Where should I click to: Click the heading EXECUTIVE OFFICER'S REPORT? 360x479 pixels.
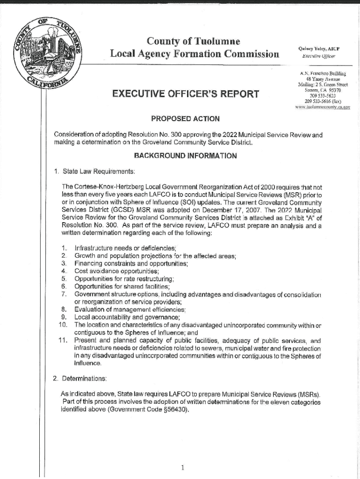[x=186, y=94]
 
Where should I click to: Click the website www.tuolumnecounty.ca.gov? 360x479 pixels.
[x=323, y=107]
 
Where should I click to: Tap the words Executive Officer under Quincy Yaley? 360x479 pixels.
[x=319, y=57]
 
